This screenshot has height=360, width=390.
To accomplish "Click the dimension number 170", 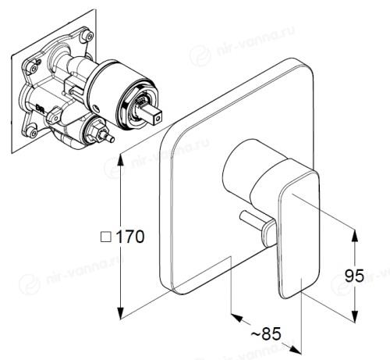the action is coord(129,237).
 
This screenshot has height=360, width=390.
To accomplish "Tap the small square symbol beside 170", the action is coord(106,237).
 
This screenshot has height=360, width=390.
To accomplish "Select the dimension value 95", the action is coord(354,276).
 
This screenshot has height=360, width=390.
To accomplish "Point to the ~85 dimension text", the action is coord(266,333).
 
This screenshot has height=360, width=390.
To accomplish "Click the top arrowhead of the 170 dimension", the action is coord(120,160).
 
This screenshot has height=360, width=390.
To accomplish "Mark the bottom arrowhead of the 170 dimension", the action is coord(120,313).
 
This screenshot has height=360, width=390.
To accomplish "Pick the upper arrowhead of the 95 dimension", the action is coord(355,236).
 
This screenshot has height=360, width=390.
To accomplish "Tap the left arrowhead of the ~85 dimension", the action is coord(236,317).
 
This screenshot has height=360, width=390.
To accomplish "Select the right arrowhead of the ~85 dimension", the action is coord(296,350).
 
